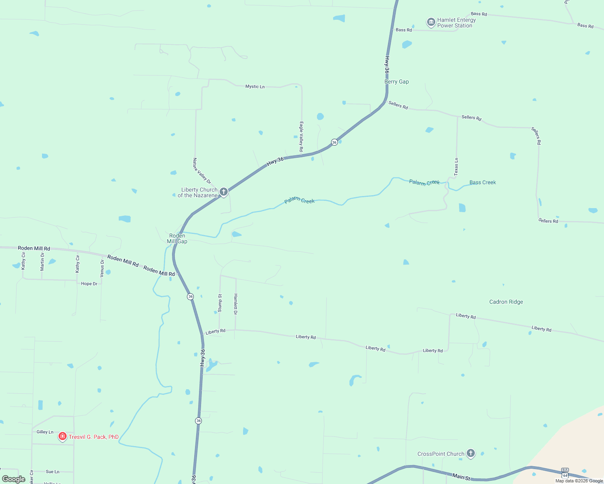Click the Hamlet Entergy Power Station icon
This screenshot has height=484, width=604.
[431, 22]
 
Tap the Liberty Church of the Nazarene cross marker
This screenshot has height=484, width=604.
[224, 192]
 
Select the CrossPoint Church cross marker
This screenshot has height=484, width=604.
[470, 453]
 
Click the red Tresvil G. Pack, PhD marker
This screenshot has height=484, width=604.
[63, 436]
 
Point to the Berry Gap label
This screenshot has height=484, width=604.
[396, 81]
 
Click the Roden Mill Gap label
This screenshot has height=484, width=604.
[177, 238]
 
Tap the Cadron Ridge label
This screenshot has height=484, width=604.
[506, 302]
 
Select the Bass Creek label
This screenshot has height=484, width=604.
[482, 182]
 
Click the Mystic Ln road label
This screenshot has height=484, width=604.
[255, 86]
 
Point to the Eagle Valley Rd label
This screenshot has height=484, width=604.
[301, 137]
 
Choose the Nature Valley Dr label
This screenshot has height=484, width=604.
[202, 171]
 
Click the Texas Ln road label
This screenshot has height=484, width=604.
[456, 167]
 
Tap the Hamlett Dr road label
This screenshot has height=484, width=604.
[236, 304]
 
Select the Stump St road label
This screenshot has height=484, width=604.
[220, 303]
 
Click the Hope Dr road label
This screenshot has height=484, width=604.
[89, 284]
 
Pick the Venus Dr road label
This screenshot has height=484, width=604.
[102, 268]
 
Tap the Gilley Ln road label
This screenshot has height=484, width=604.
[45, 432]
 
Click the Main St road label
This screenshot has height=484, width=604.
[461, 477]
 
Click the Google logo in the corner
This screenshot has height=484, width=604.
[14, 479]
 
